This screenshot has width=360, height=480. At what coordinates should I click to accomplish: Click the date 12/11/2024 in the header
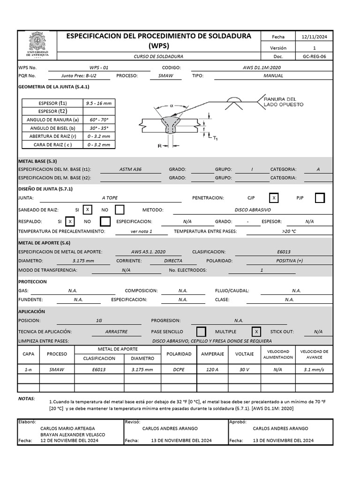(x=314, y=37)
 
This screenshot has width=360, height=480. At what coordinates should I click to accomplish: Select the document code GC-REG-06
(x=314, y=56)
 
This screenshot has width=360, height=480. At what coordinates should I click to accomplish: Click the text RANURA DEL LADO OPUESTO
(x=283, y=102)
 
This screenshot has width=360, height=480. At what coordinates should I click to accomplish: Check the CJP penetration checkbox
(x=274, y=198)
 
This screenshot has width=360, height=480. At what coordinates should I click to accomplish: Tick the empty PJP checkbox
(x=320, y=198)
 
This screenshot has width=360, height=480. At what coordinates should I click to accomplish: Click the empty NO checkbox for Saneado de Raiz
(x=120, y=210)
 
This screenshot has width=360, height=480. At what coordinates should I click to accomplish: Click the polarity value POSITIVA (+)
(x=289, y=261)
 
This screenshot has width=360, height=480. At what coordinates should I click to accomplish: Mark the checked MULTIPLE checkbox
(x=256, y=331)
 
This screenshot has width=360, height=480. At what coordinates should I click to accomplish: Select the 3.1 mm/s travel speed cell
(x=314, y=369)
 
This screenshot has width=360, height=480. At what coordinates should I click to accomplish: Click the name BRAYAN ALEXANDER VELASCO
(x=73, y=435)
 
